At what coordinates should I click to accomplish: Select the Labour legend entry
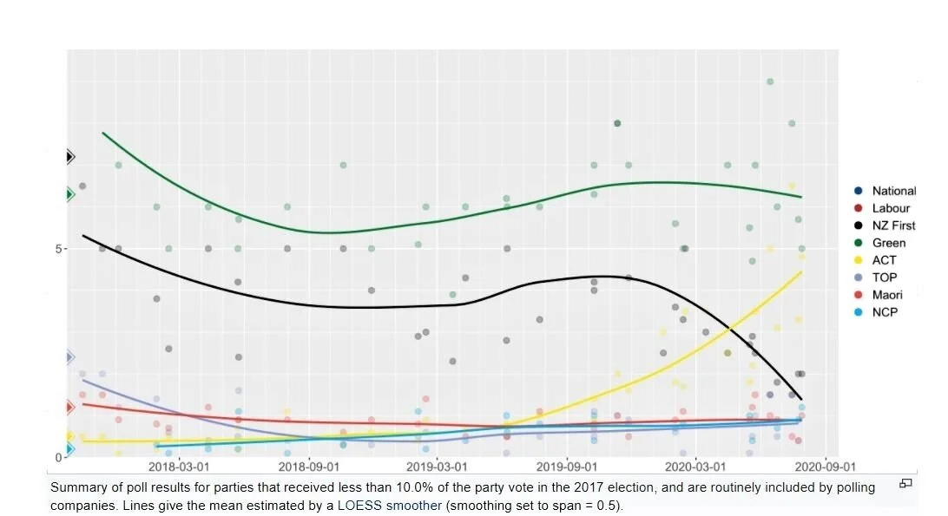[x=891, y=208]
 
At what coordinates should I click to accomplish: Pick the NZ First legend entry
[x=893, y=225]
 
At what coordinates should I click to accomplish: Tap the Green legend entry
[x=888, y=243]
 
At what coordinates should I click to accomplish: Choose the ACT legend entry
[x=884, y=260]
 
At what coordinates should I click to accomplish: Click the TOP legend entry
[x=884, y=278]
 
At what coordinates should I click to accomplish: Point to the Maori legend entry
[x=887, y=295]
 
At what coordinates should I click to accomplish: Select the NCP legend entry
[x=884, y=312]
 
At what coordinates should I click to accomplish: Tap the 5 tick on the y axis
[x=59, y=249]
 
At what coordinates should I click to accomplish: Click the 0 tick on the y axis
[x=59, y=457]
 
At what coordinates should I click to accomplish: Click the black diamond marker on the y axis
[x=69, y=157]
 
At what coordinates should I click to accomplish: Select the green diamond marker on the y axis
[x=69, y=194]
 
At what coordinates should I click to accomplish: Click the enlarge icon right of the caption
[x=905, y=483]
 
